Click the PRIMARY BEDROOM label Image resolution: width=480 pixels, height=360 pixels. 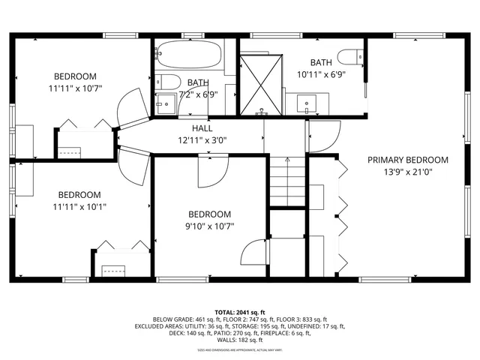pos(407,160)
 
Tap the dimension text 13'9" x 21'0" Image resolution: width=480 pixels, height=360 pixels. pos(407,172)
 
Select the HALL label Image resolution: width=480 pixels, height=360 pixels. pos(202,128)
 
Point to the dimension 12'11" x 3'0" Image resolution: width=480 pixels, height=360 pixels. pos(202,139)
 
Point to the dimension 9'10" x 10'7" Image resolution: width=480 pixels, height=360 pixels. pos(211,226)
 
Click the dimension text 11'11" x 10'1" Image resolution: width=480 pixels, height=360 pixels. pos(78,206)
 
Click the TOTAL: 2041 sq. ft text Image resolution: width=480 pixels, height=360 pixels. pos(239,311)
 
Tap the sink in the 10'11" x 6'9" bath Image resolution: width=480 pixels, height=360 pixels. pos(306,103)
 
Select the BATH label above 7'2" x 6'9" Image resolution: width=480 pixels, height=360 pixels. pos(198,82)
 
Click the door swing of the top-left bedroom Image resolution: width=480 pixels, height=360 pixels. pos(130,106)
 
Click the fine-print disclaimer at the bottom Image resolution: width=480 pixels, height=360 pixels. pos(239,349)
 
